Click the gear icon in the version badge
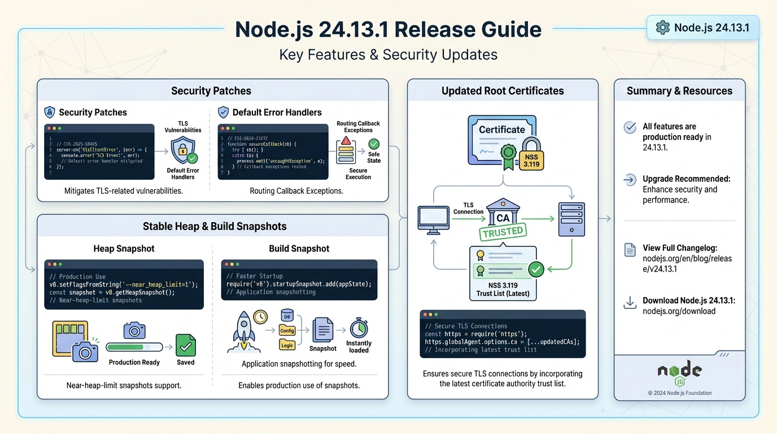tap(662, 27)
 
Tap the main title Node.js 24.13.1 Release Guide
tap(388, 29)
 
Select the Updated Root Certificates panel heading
tap(502, 90)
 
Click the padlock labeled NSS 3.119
tap(531, 153)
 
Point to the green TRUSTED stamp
tap(503, 232)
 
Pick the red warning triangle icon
tap(346, 140)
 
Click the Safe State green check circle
tap(374, 144)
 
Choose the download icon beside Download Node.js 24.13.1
tap(630, 303)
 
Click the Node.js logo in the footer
tap(679, 372)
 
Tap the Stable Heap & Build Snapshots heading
tap(215, 226)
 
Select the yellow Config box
tap(287, 331)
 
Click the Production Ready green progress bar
tap(134, 347)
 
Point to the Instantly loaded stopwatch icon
tap(359, 328)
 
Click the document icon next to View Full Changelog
tap(630, 250)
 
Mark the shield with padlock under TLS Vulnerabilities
tap(183, 150)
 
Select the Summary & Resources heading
tap(679, 90)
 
